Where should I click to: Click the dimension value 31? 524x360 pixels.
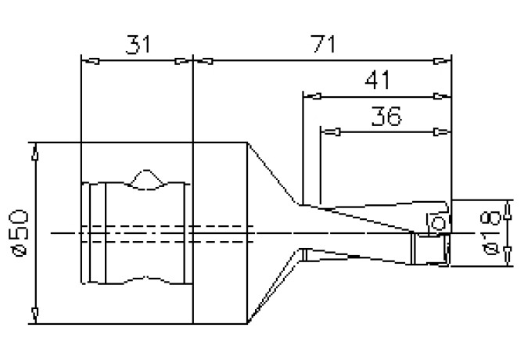click(x=137, y=45)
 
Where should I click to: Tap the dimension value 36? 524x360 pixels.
click(x=386, y=117)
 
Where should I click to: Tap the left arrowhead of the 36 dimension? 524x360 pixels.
click(x=330, y=132)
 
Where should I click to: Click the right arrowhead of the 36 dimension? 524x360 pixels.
click(x=442, y=132)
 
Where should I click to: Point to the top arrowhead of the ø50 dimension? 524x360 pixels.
click(x=34, y=151)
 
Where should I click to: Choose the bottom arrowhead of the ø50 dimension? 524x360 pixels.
click(x=34, y=315)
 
